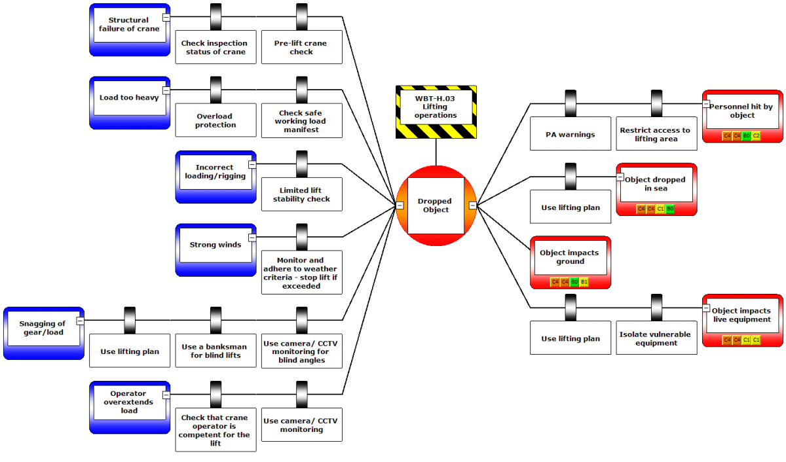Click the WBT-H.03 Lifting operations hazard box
coord(436,112)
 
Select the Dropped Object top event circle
coord(436,205)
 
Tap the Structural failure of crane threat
coord(130,30)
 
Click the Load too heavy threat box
coord(130,103)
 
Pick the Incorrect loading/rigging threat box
coord(215,177)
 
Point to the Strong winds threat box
coord(215,250)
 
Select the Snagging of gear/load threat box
coord(44,333)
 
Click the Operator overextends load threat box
coord(130,407)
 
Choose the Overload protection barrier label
coord(215,120)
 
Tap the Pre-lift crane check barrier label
coord(302,47)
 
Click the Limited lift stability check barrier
coord(302,194)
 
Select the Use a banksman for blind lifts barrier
coord(215,351)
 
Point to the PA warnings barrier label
coord(571,134)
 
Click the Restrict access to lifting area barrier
coord(656,134)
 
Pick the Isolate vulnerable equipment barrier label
coord(656,338)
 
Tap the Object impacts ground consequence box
coord(571,262)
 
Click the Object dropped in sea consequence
coord(656,189)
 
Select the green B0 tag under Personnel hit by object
coord(746,135)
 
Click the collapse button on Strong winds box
coord(252,238)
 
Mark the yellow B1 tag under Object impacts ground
coord(584,282)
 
